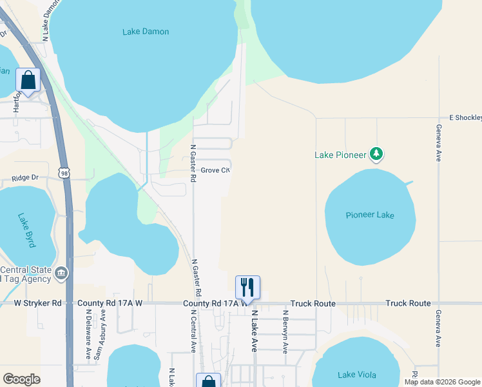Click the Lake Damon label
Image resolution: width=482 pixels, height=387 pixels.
(x=146, y=32)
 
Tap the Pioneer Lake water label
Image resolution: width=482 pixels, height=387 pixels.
(x=370, y=215)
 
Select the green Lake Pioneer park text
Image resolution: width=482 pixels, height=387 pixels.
(x=340, y=155)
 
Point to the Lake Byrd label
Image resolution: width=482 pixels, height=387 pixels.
(x=28, y=230)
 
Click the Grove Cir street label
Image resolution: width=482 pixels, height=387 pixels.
(x=215, y=170)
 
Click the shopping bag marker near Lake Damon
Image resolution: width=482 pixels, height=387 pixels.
(x=28, y=81)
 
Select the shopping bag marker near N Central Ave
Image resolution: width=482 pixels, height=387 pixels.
(x=209, y=381)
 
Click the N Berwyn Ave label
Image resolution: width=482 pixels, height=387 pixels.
(x=285, y=332)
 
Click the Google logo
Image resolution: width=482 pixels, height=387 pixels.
(x=21, y=379)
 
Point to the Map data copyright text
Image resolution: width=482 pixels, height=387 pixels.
(x=441, y=382)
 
